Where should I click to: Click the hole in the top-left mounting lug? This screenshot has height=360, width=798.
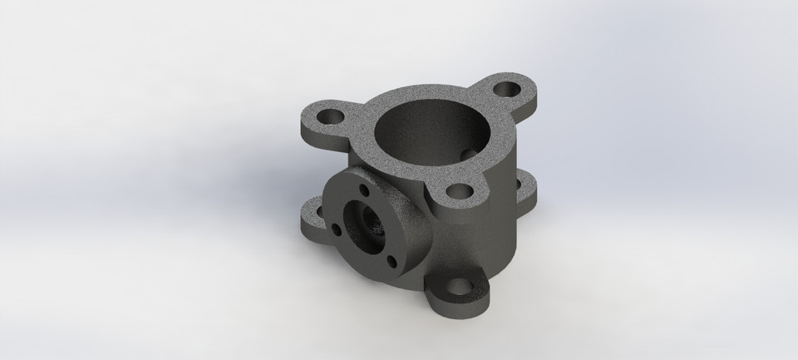(328, 115)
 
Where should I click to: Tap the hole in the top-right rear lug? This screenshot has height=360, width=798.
(505, 86)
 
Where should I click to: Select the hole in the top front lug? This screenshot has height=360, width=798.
(457, 191)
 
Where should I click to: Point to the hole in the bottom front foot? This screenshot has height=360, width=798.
(458, 289)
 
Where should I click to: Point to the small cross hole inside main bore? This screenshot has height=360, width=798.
(472, 153)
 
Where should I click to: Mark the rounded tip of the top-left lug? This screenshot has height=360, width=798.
(304, 121)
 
